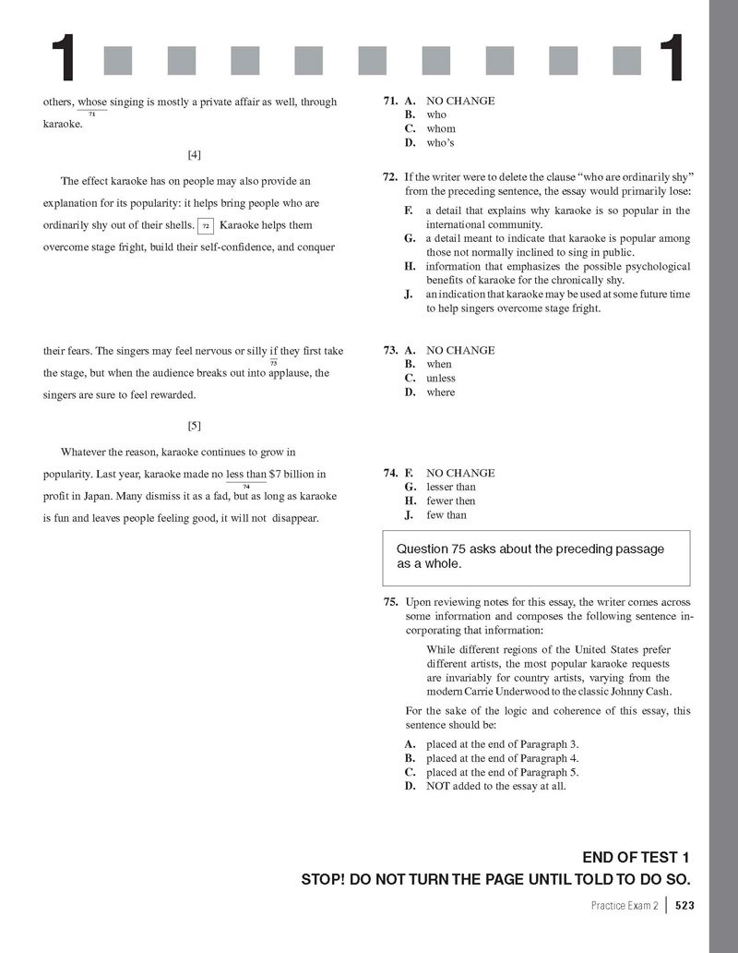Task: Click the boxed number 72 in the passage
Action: pos(207,225)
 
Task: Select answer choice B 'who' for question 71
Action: pos(436,115)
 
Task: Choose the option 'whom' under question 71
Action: pos(441,128)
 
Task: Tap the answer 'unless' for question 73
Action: pos(441,378)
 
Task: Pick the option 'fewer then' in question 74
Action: pos(451,501)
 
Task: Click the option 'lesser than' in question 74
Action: pos(451,487)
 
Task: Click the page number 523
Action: pos(684,906)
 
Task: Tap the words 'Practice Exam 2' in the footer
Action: pos(625,906)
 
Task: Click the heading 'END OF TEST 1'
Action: pos(636,858)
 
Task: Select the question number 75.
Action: pos(391,602)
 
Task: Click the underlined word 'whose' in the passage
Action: pos(92,102)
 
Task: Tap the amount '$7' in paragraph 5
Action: pos(275,475)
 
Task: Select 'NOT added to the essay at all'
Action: pos(495,787)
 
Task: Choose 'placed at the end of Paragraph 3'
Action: pos(502,744)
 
